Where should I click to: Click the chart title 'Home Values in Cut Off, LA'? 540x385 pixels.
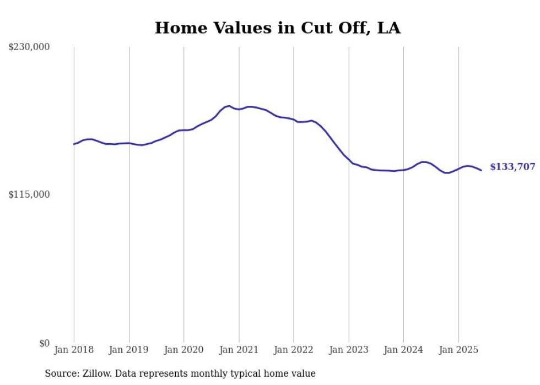[277, 28]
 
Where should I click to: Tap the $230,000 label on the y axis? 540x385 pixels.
[29, 47]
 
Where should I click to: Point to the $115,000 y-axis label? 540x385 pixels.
[29, 194]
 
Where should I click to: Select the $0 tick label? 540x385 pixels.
[44, 343]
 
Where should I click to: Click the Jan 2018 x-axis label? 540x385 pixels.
[74, 350]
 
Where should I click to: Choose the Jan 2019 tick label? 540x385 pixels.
[129, 350]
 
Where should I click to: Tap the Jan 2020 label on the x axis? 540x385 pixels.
[184, 350]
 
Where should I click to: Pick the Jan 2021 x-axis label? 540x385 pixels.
[239, 350]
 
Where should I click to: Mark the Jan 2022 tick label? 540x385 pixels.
[294, 350]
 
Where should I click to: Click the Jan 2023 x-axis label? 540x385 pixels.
[349, 350]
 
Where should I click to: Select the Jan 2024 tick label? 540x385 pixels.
[403, 350]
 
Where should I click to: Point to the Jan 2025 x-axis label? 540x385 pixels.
[458, 350]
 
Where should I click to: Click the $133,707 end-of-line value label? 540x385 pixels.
[512, 167]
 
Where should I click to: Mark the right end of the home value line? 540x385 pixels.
[481, 170]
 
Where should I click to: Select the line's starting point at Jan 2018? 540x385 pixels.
[74, 144]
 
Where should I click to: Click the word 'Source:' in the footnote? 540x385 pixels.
[62, 373]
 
